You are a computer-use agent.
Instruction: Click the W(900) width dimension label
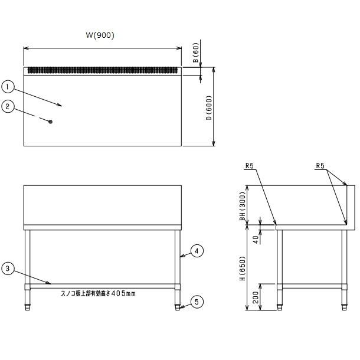point(100,35)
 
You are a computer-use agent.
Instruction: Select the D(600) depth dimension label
point(209,107)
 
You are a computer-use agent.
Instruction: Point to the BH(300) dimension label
point(243,206)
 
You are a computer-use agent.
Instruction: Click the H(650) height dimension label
point(243,268)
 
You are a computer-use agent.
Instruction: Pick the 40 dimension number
point(256,240)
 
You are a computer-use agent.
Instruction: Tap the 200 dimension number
point(256,297)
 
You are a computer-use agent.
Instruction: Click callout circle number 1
point(8,87)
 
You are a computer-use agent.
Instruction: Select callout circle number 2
point(8,107)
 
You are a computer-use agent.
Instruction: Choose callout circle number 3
point(8,269)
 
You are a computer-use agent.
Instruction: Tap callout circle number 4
point(197,251)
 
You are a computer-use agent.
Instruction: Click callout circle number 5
point(197,302)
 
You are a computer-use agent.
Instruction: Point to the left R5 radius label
point(250,165)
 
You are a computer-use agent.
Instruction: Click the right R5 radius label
point(320,165)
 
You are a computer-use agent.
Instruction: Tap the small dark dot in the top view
point(51,122)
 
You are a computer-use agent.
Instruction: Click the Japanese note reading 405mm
point(98,293)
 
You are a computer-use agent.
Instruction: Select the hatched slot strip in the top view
point(103,70)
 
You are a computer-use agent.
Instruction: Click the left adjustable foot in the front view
point(28,307)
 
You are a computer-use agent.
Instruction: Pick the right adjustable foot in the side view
point(344,307)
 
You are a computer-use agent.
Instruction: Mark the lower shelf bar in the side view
point(312,286)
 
